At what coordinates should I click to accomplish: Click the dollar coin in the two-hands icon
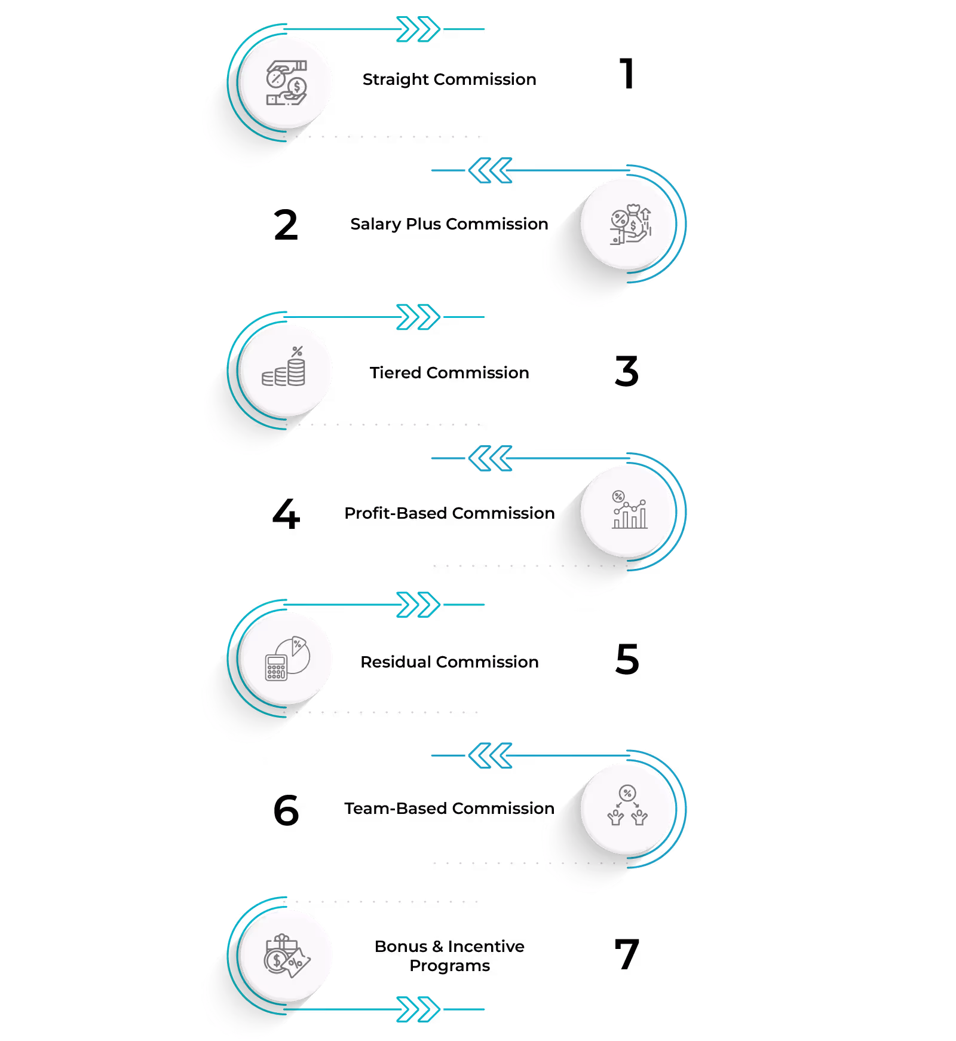pos(297,87)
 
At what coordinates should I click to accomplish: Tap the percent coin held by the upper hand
pos(275,78)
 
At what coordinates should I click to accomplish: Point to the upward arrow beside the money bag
pos(646,213)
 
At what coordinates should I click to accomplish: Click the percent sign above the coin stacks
pos(297,351)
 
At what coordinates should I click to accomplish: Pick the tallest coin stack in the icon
pos(296,372)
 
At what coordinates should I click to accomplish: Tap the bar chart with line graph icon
pos(629,515)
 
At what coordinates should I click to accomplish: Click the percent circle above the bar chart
pos(618,496)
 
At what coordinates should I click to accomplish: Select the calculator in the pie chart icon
pos(276,668)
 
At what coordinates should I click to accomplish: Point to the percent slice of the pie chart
pos(299,645)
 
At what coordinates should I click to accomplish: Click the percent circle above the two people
pos(627,793)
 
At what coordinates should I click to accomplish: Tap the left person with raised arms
pos(615,817)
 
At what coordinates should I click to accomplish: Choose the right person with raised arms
pos(639,817)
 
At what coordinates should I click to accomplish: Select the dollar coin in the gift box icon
pos(276,961)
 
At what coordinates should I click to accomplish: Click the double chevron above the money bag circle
pos(490,170)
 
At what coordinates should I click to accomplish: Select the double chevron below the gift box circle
pos(418,1009)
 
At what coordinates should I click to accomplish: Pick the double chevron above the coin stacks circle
pos(418,317)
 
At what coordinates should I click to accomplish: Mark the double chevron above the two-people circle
pos(490,755)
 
